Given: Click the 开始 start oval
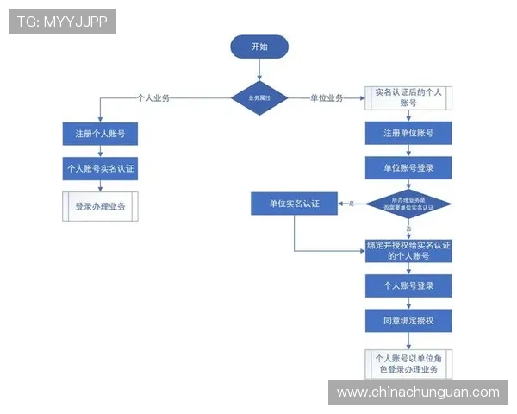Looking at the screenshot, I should pyautogui.click(x=258, y=47).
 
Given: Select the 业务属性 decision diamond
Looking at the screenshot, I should pyautogui.click(x=258, y=98).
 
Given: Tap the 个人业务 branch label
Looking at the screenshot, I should pyautogui.click(x=153, y=98).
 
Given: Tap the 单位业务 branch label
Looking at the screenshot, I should pyautogui.click(x=327, y=98).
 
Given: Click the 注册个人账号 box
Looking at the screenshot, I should pyautogui.click(x=100, y=134).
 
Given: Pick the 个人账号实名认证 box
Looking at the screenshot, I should pyautogui.click(x=100, y=168).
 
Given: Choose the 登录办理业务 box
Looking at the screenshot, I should pyautogui.click(x=100, y=206).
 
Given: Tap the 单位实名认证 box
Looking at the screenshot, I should pyautogui.click(x=294, y=204).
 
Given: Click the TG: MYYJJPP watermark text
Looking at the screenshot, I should pyautogui.click(x=62, y=21).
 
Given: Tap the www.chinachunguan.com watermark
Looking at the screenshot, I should pyautogui.click(x=417, y=392).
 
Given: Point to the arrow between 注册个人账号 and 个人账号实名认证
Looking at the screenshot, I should pyautogui.click(x=100, y=151).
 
